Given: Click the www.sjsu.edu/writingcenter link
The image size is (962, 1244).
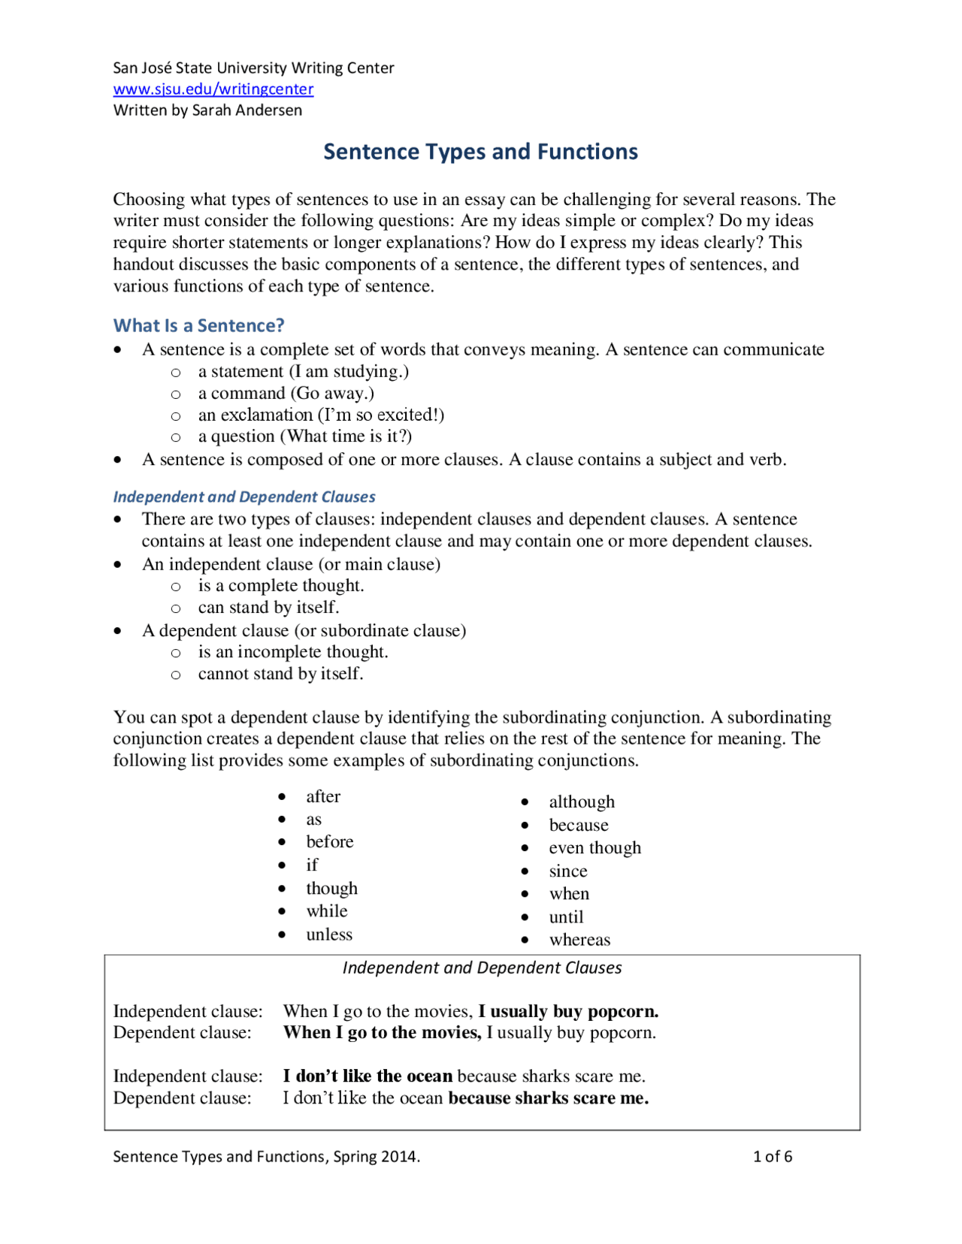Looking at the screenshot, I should click(213, 89).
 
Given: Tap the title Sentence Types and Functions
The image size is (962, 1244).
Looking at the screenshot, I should click(480, 152).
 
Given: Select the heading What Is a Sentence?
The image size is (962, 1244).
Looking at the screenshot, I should click(198, 325).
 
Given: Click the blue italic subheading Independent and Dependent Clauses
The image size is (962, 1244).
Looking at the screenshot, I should click(244, 497).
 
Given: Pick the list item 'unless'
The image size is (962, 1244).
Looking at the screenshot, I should click(328, 935).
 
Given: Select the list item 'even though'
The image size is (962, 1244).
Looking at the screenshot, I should click(594, 848).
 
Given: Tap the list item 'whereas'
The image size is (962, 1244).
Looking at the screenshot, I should click(579, 940).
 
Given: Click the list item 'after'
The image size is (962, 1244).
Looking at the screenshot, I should click(323, 796).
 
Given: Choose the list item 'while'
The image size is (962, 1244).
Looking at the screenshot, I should click(327, 911).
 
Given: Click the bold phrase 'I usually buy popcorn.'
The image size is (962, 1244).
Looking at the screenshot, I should click(568, 1011).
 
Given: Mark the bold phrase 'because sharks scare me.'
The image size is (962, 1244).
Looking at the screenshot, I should click(549, 1098).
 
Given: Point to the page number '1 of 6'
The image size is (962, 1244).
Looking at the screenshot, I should click(772, 1156).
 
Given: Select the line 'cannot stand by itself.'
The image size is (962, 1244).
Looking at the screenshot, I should click(280, 674).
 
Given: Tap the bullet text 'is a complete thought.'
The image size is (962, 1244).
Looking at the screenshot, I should click(280, 586).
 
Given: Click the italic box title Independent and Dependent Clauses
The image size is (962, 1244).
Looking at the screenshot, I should click(482, 968).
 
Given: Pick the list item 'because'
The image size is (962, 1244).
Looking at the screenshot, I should click(578, 825).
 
